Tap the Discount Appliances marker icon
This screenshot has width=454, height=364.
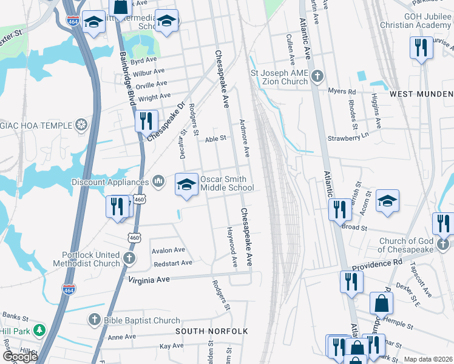pos(158,181)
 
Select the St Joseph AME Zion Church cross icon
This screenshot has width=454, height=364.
pos(317,76)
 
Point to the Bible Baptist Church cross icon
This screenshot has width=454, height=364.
pos(93,319)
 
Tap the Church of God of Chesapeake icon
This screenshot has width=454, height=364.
pos(443,244)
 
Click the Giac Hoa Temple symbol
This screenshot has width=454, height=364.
pos(80,126)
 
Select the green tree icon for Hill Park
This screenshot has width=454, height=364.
pos(39,331)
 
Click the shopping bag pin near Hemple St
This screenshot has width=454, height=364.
pos(381,303)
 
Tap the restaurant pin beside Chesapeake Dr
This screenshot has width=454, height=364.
pos(145,121)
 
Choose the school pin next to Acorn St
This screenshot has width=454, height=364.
pos(387,201)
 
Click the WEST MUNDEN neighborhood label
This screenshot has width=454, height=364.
pos(421,94)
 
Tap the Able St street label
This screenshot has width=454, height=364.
pos(215,138)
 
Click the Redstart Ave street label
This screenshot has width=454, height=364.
pos(173,263)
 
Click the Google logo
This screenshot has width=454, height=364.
pos(20,357)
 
